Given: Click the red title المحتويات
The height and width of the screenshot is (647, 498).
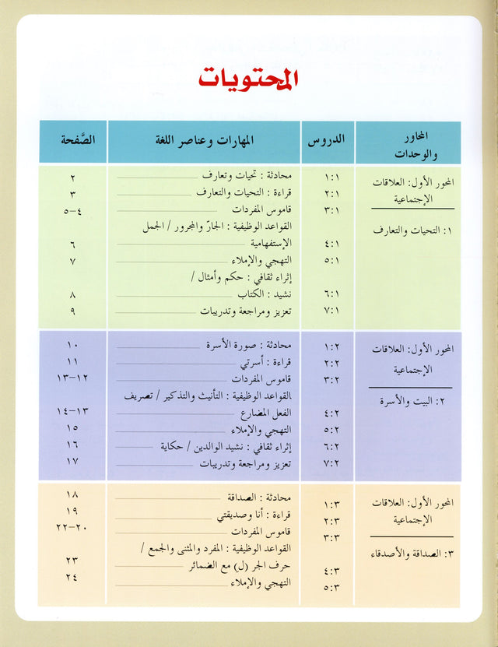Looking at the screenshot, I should [248, 79].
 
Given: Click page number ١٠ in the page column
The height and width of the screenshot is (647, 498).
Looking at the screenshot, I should [72, 344].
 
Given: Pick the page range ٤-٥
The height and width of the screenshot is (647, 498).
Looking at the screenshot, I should [72, 210].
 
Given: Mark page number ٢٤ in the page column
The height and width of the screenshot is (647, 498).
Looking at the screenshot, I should [72, 577].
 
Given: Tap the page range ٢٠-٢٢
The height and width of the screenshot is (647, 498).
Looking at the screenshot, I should [72, 528].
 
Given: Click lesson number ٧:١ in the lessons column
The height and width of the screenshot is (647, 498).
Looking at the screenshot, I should [332, 311].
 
